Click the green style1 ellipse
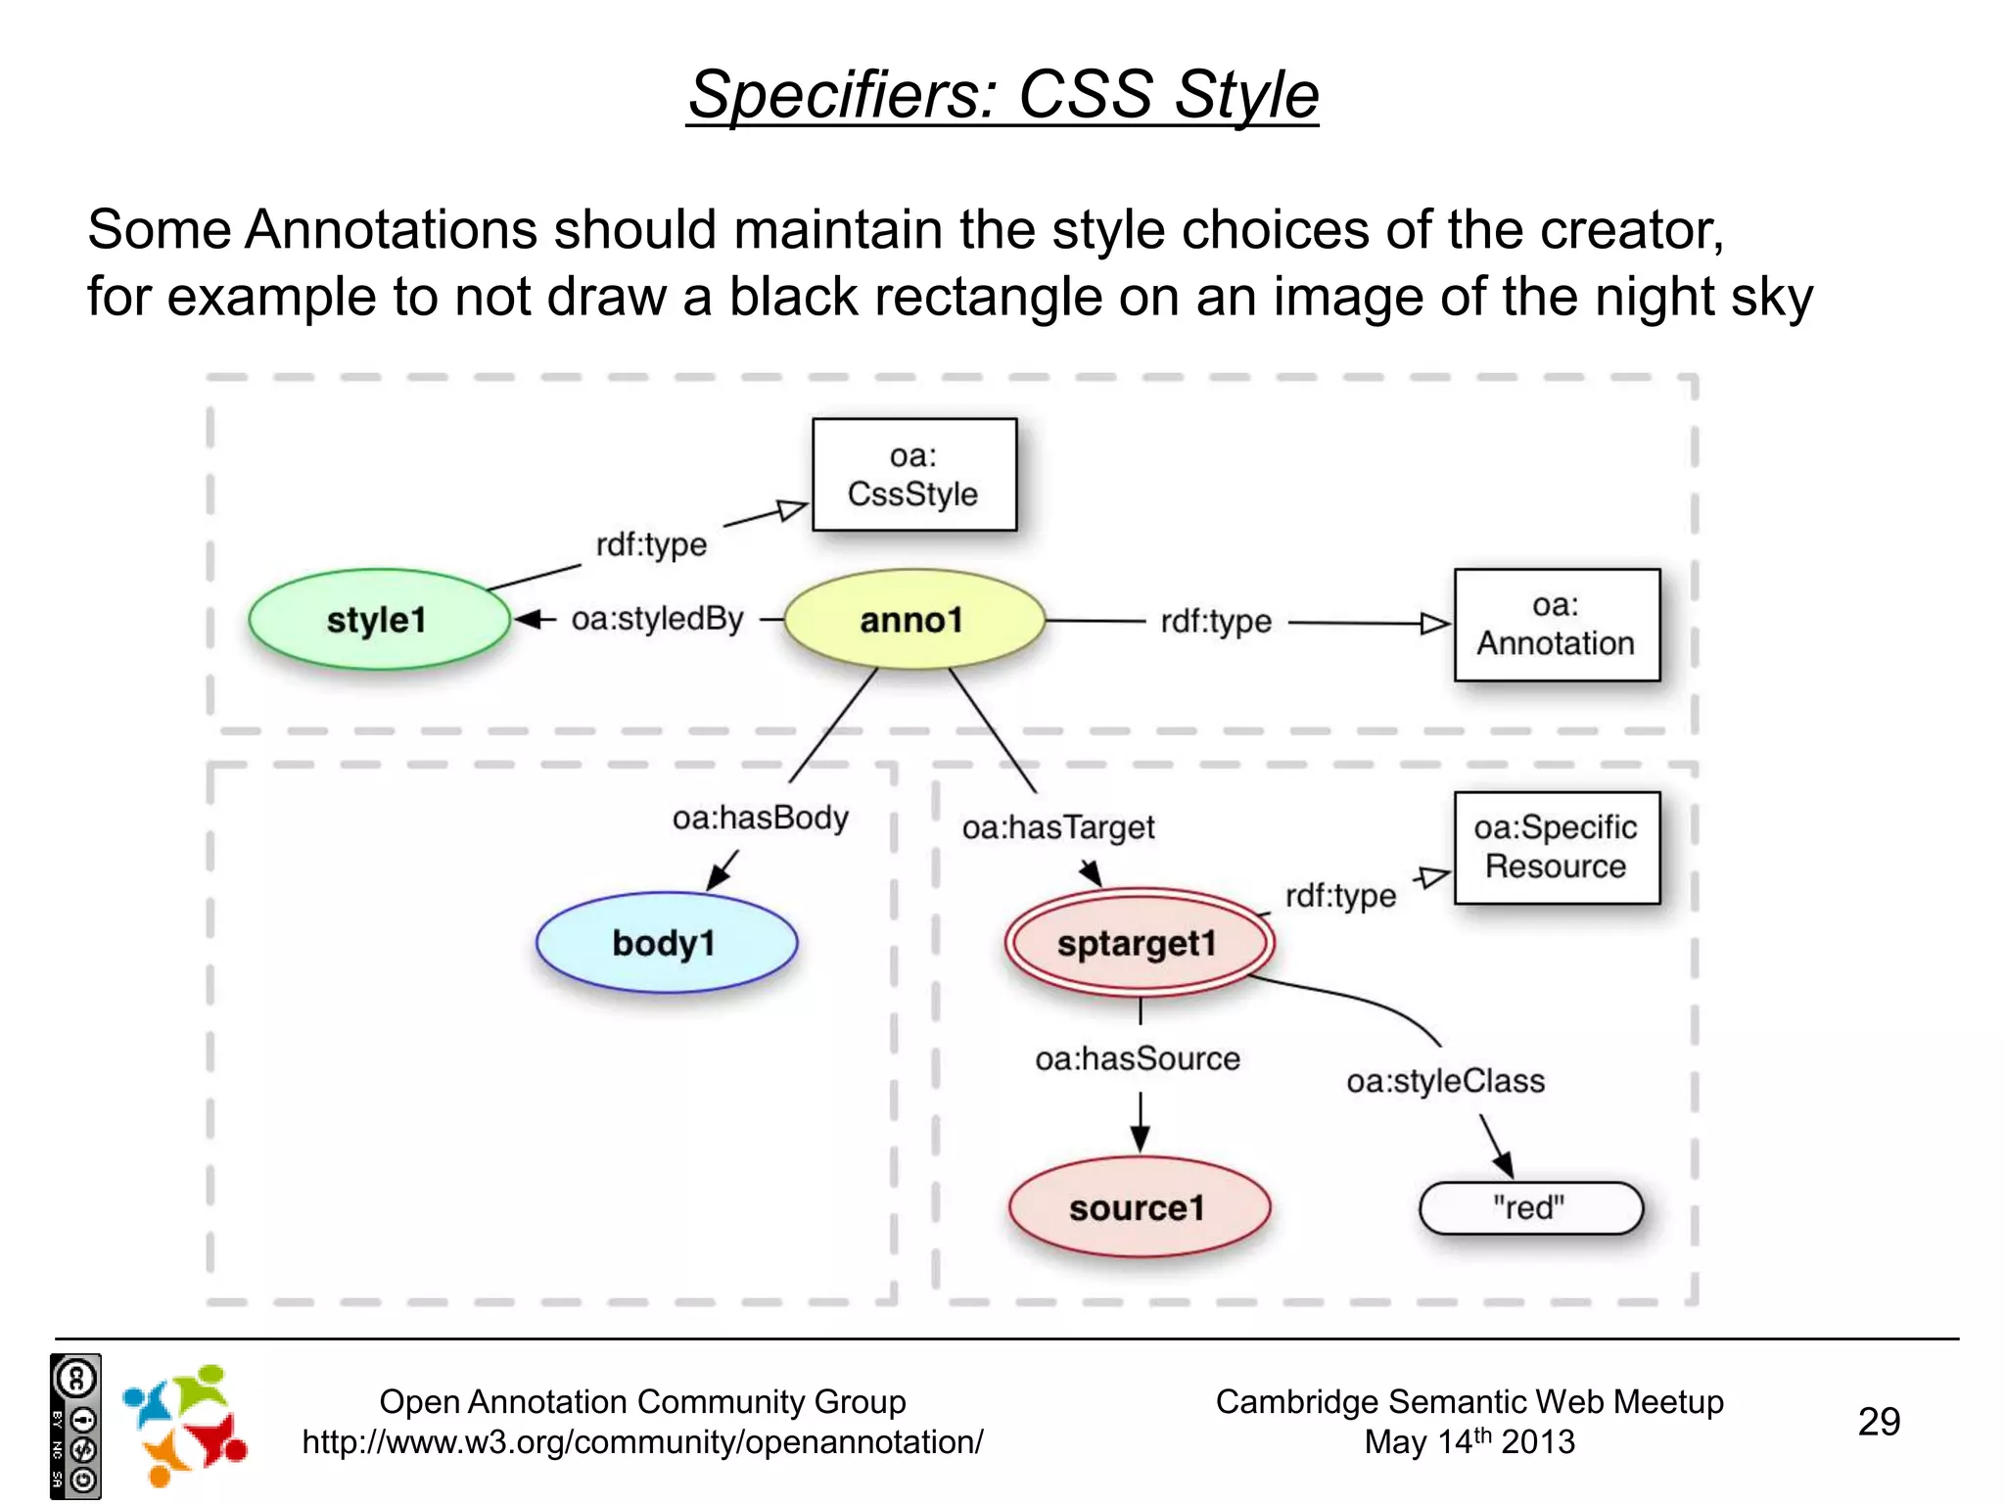379,620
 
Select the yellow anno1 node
913,620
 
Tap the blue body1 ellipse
667,943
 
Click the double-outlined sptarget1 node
1139,943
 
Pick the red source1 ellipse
1139,1207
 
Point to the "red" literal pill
1530,1208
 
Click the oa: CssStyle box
913,475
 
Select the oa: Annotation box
1557,625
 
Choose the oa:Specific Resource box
1557,847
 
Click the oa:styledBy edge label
658,619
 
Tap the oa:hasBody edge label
760,818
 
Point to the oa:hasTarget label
1058,827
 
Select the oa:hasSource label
1138,1058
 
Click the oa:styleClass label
1445,1081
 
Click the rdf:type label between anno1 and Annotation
1216,621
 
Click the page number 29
1879,1422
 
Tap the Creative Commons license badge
75,1427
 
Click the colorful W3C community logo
184,1425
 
